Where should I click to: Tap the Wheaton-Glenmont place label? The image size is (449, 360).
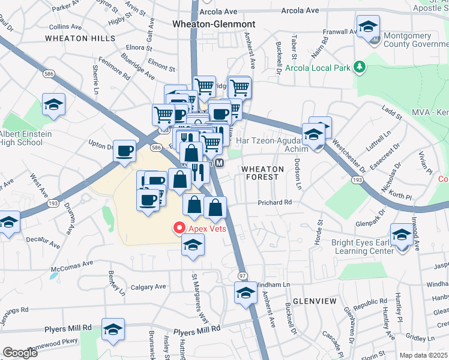pyautogui.click(x=214, y=24)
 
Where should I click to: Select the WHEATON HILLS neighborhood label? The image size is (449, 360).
pyautogui.click(x=80, y=38)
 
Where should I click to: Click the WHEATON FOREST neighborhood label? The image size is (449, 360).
pyautogui.click(x=260, y=173)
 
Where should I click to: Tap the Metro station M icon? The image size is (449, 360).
pyautogui.click(x=220, y=163)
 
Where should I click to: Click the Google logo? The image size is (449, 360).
pyautogui.click(x=20, y=353)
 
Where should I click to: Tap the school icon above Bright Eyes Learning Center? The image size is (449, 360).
pyautogui.click(x=402, y=235)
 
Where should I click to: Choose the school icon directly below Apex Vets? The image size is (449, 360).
pyautogui.click(x=193, y=245)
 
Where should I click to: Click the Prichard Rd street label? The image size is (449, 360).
pyautogui.click(x=276, y=203)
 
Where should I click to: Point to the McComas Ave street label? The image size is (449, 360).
pyautogui.click(x=73, y=263)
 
